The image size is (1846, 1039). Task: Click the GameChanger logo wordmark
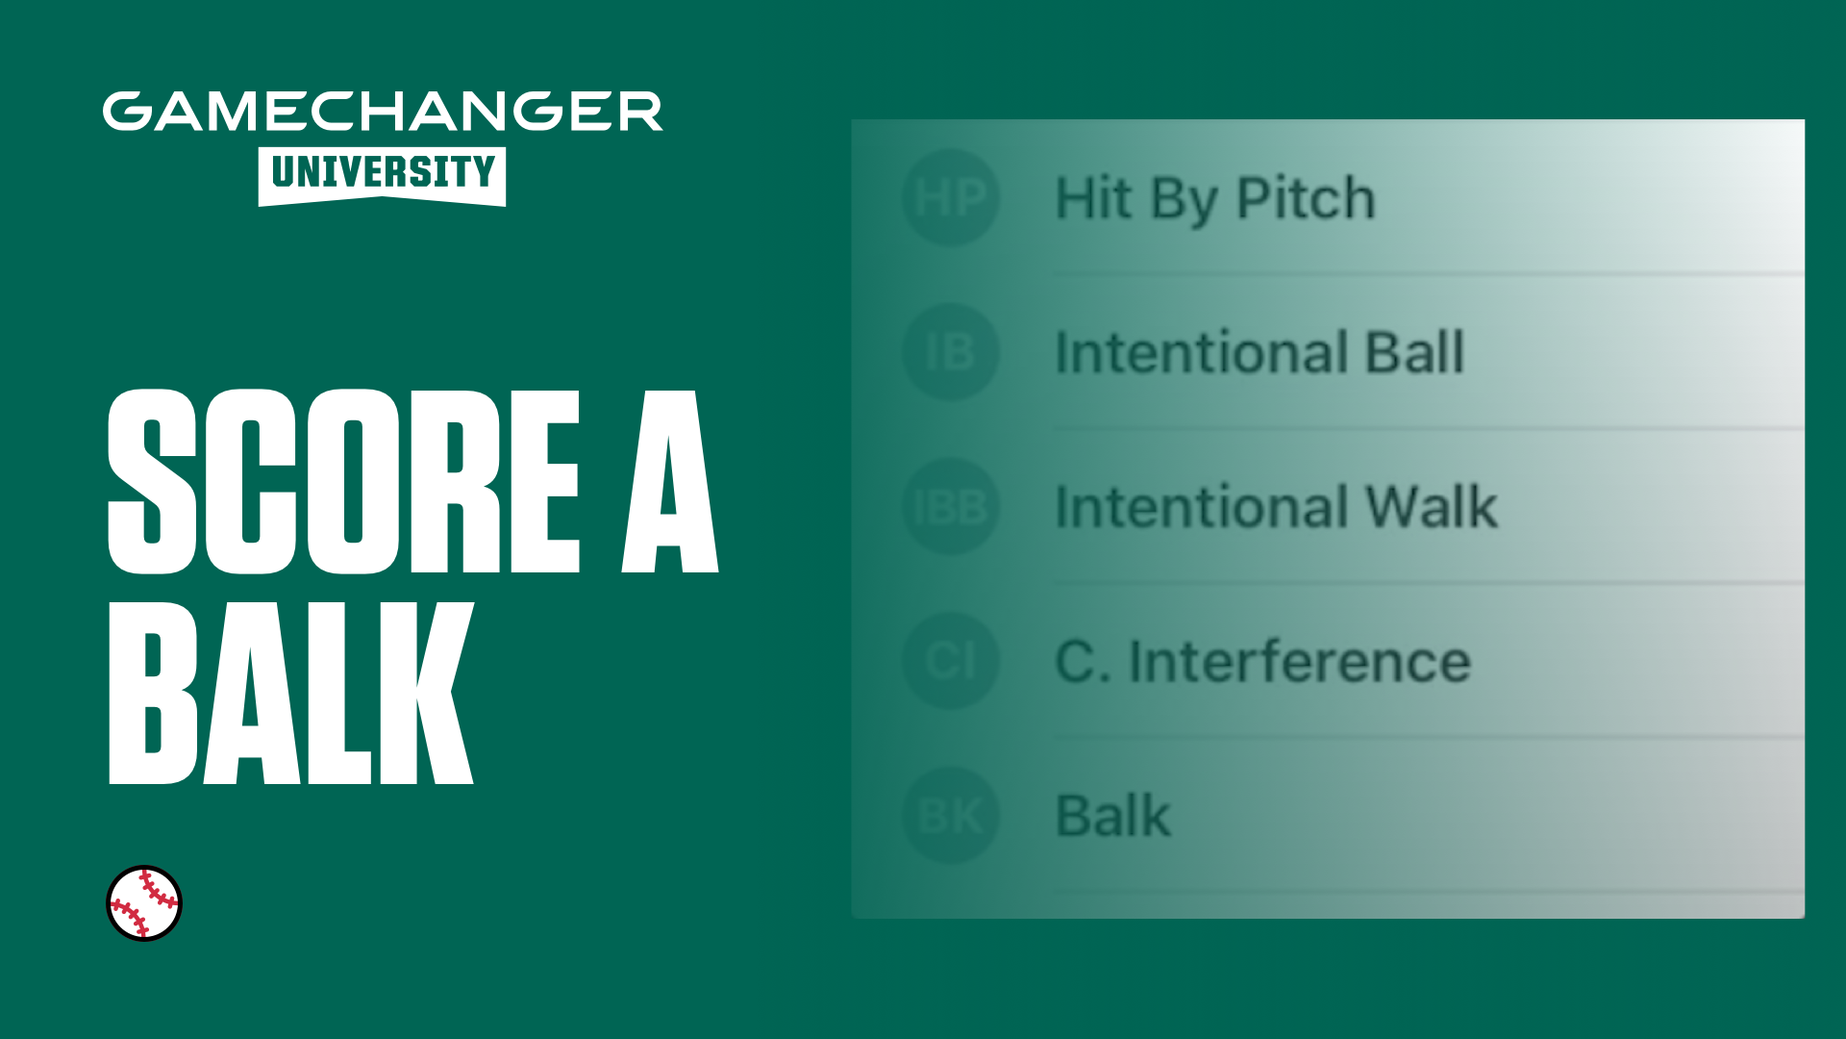[383, 112]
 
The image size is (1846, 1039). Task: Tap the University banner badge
[382, 176]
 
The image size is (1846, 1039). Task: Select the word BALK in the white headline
[290, 694]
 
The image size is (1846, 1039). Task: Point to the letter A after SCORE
[670, 481]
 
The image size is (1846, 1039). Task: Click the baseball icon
[144, 903]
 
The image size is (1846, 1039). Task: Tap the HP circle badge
[951, 198]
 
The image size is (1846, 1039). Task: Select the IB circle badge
[951, 352]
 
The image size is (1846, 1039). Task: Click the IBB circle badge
[951, 506]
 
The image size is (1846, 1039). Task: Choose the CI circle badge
[951, 661]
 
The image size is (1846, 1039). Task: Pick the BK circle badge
[951, 816]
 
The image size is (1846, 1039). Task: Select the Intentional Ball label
[1260, 352]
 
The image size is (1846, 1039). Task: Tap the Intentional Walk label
[1277, 506]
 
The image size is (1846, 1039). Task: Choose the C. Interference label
[1263, 661]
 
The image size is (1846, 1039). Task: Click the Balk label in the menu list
[1113, 816]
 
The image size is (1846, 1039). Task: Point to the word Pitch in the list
[1306, 198]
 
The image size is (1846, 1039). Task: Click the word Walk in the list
[1432, 506]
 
